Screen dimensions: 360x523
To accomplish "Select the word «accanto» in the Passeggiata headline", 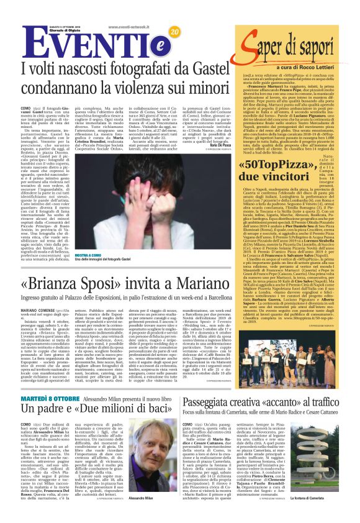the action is coord(272,420).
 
